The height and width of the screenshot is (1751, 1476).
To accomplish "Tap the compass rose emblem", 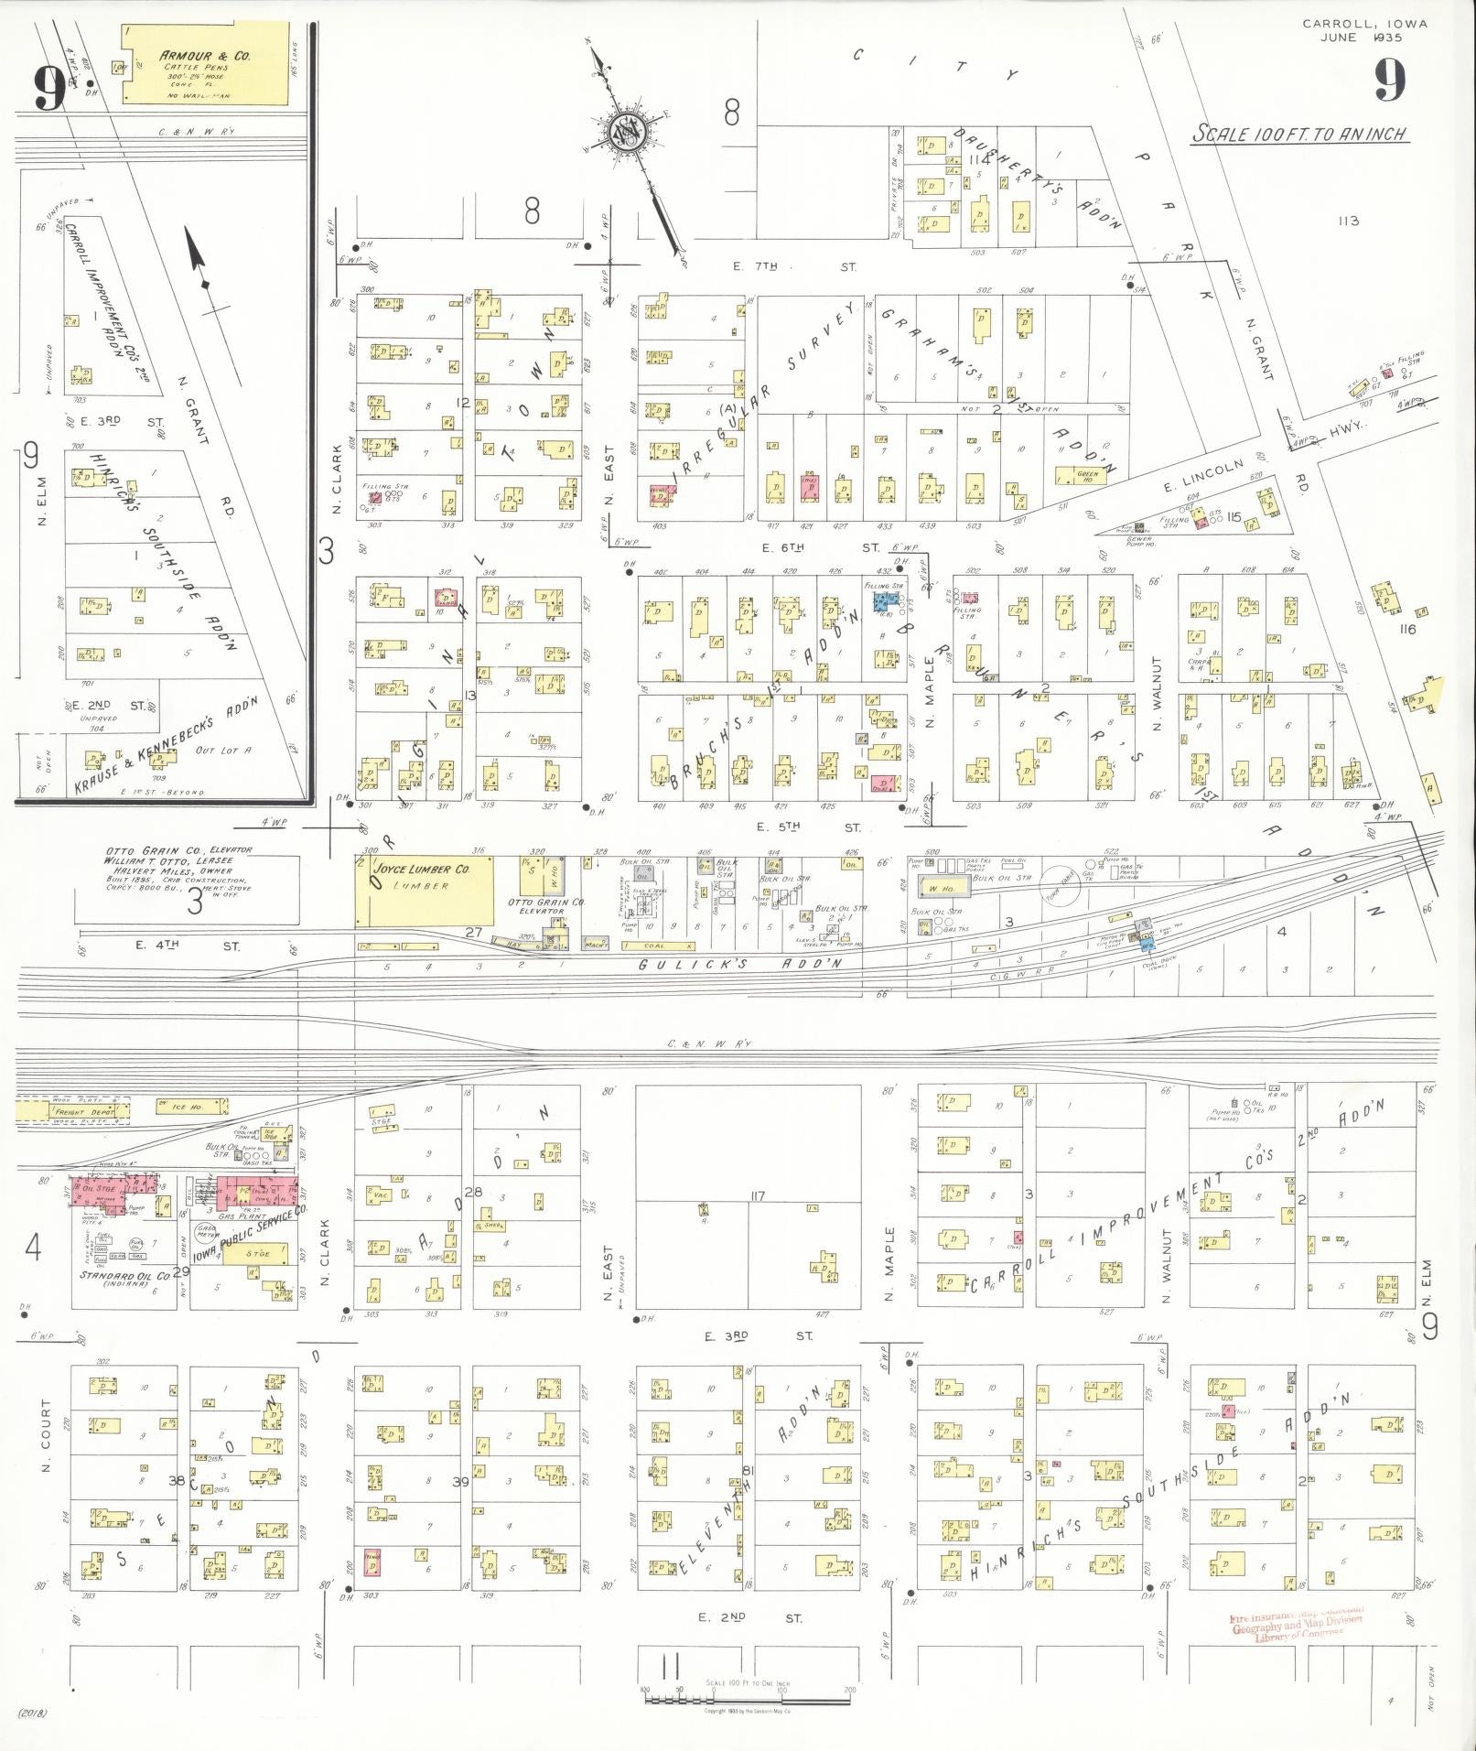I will point(630,134).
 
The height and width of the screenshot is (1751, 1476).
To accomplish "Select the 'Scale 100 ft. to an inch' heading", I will point(1298,135).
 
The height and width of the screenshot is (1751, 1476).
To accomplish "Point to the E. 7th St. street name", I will point(794,267).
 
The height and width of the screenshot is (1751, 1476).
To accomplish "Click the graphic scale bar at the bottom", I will point(748,1700).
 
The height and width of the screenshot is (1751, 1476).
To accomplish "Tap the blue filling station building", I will point(885,602).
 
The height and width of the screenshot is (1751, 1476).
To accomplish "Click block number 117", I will point(757,1196).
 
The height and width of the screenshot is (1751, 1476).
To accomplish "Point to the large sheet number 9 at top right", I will point(1388,81).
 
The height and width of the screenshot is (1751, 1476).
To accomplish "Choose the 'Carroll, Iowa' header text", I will point(1363,25).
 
